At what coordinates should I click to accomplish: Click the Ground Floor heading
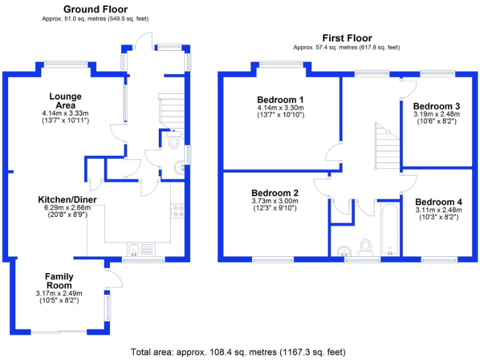tap(95, 9)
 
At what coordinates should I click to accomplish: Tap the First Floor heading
tap(347, 38)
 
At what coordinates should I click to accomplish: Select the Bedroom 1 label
tap(281, 100)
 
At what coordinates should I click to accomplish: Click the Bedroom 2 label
tap(275, 193)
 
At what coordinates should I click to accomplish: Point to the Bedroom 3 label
tap(436, 106)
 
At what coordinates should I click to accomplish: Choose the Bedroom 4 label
tap(439, 202)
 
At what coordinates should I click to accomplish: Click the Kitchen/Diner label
tap(67, 199)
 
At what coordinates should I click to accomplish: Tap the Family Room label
tap(59, 281)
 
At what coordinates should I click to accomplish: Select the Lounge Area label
tap(66, 101)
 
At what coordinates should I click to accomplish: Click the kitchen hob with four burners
tap(177, 211)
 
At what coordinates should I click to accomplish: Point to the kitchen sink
tap(141, 249)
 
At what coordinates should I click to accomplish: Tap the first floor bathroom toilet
tap(366, 247)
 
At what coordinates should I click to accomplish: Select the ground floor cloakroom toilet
tap(174, 140)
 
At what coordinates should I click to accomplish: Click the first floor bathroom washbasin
tap(344, 251)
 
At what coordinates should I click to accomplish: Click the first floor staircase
tap(387, 146)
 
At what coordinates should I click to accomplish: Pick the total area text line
tap(238, 352)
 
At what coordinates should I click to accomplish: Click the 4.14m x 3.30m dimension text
tap(281, 107)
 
